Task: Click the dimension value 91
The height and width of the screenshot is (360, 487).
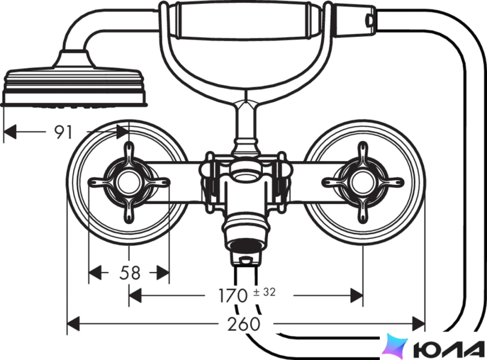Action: pyautogui.click(x=63, y=132)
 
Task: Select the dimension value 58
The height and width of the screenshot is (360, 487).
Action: pyautogui.click(x=130, y=273)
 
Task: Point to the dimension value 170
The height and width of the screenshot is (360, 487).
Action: pyautogui.click(x=233, y=295)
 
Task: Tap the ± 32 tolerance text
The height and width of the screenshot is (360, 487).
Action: pyautogui.click(x=264, y=292)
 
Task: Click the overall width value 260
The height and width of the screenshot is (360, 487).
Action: pyautogui.click(x=243, y=324)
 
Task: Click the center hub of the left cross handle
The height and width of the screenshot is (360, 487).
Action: pyautogui.click(x=128, y=182)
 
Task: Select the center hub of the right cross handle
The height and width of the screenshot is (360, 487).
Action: pyautogui.click(x=363, y=182)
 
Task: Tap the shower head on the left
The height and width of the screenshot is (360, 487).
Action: pyautogui.click(x=74, y=82)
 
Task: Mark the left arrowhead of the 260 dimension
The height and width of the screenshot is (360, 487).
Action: pyautogui.click(x=73, y=324)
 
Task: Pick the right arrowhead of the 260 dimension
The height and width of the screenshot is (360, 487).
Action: pyautogui.click(x=418, y=324)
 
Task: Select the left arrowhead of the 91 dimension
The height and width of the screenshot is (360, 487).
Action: pyautogui.click(x=10, y=132)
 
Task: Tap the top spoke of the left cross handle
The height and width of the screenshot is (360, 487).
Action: pyautogui.click(x=128, y=153)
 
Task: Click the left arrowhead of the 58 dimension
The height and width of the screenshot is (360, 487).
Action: pyautogui.click(x=95, y=272)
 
